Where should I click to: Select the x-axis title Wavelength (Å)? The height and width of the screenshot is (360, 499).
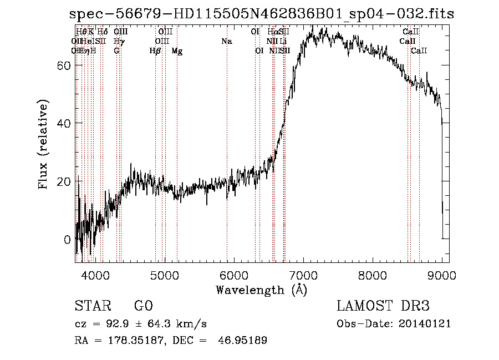tap(261, 290)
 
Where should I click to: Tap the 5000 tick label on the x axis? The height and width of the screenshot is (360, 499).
tap(165, 275)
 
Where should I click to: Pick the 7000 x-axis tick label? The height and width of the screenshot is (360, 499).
tap(303, 275)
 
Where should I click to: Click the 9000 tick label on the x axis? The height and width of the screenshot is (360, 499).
tap(442, 275)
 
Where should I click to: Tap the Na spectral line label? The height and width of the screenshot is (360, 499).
tap(226, 42)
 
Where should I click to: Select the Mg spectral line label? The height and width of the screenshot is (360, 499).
tap(177, 51)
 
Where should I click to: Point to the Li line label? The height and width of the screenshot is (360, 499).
tap(283, 42)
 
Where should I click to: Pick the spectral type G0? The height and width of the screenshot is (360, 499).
tap(143, 306)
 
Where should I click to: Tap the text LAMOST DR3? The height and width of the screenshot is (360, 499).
tap(383, 306)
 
